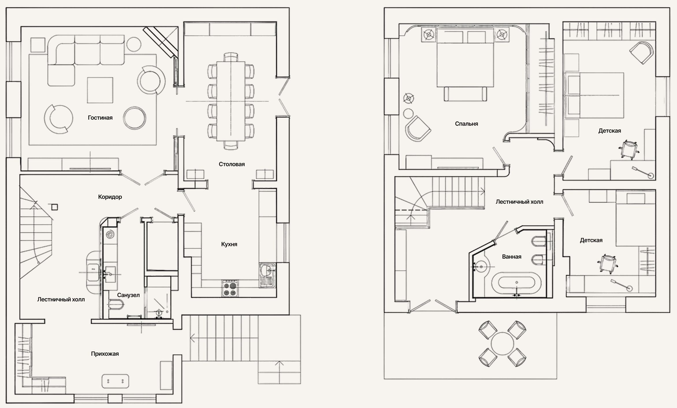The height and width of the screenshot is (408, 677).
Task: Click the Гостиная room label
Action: [100, 118]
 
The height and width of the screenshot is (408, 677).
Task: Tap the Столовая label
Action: [232, 164]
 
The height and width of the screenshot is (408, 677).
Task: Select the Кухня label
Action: [229, 244]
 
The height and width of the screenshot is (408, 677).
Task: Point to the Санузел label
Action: [128, 295]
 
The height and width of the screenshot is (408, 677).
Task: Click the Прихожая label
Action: [105, 354]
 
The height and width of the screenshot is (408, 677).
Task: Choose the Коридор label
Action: [110, 197]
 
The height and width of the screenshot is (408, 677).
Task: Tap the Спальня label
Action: [466, 124]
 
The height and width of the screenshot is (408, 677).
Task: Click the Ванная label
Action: [512, 257]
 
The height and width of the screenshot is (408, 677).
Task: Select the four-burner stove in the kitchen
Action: [230, 289]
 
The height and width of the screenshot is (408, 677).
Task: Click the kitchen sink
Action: [267, 275]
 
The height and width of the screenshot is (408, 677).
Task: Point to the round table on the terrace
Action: [502, 344]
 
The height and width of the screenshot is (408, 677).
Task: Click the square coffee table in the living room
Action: [100, 90]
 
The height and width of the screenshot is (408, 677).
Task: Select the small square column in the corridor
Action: [55, 207]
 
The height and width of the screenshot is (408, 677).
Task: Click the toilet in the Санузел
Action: [116, 304]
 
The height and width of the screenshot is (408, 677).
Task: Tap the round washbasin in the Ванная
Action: [481, 267]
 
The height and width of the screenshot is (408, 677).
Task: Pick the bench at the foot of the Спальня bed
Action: [465, 94]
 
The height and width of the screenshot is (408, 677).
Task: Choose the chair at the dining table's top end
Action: [231, 57]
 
